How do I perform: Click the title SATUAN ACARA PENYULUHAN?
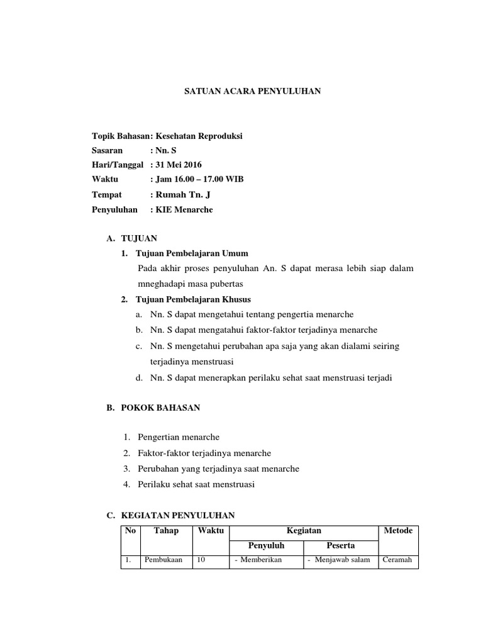pos(252,91)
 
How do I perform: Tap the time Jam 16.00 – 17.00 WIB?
pos(199,179)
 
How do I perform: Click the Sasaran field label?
pos(108,150)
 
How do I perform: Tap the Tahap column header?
pos(167,531)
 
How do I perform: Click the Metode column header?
pos(398,531)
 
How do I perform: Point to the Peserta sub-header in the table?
pos(341,546)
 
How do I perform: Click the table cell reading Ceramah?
pos(397,560)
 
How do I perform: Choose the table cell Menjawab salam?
pos(343,560)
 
